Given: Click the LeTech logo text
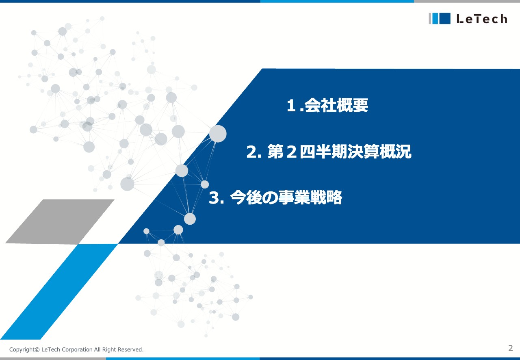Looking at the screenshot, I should (x=481, y=19).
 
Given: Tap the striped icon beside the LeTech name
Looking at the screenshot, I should (x=440, y=19).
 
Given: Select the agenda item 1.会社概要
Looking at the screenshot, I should (x=327, y=106).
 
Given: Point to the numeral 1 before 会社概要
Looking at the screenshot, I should (x=290, y=106).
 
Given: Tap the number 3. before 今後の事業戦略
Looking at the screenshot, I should (x=216, y=198).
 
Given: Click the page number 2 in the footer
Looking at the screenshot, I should (x=510, y=348).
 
